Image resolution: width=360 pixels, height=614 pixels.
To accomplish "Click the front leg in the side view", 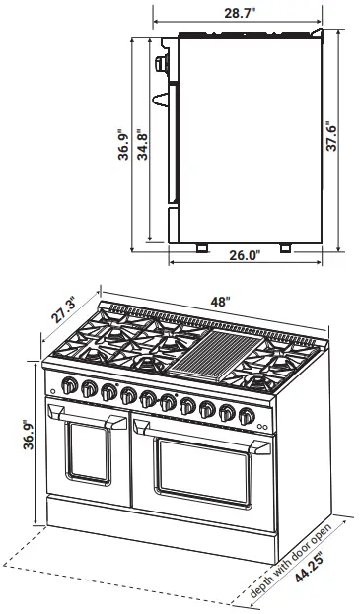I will tap(200, 247).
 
